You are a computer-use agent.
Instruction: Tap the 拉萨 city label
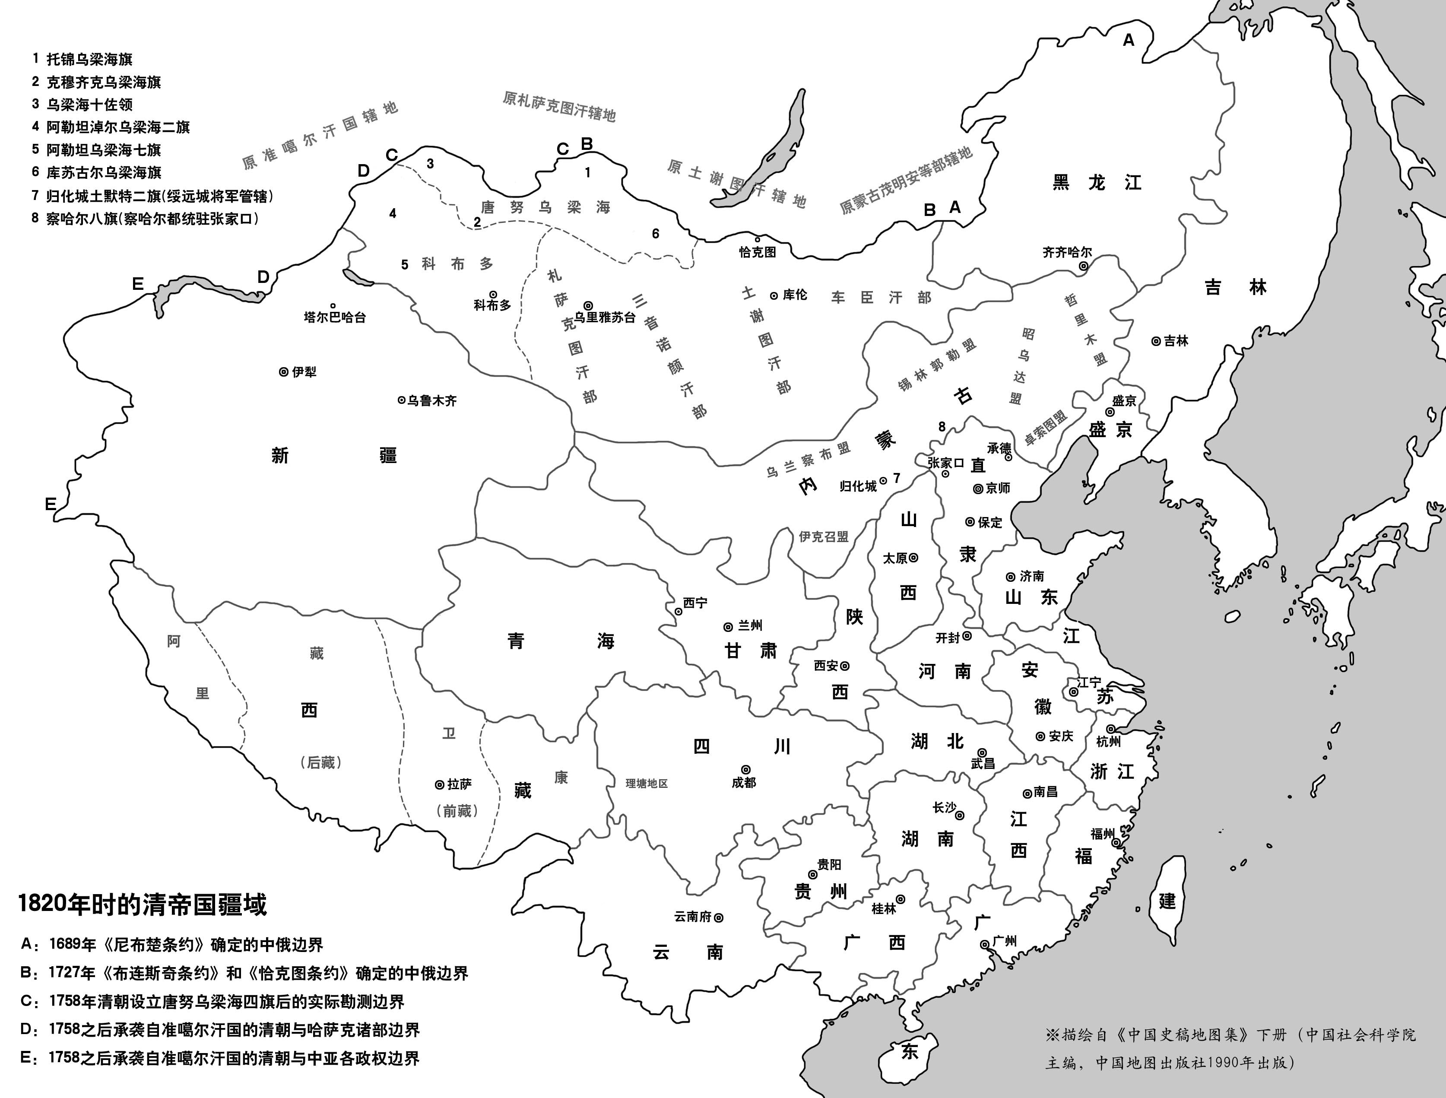click(x=460, y=784)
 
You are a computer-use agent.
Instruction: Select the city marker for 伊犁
click(x=283, y=371)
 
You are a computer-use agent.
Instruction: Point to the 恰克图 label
click(x=758, y=252)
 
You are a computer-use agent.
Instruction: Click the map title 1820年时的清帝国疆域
click(x=143, y=905)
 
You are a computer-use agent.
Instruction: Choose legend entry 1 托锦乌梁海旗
click(x=89, y=59)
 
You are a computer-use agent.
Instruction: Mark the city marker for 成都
click(x=745, y=770)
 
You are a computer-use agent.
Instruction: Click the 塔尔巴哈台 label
click(x=335, y=317)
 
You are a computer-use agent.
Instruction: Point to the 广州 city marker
click(x=984, y=944)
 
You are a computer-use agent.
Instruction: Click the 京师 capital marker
click(x=978, y=489)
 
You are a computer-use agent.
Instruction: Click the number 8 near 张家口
click(x=942, y=427)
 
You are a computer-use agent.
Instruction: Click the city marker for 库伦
click(x=774, y=295)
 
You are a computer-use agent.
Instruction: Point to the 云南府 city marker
click(x=718, y=917)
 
